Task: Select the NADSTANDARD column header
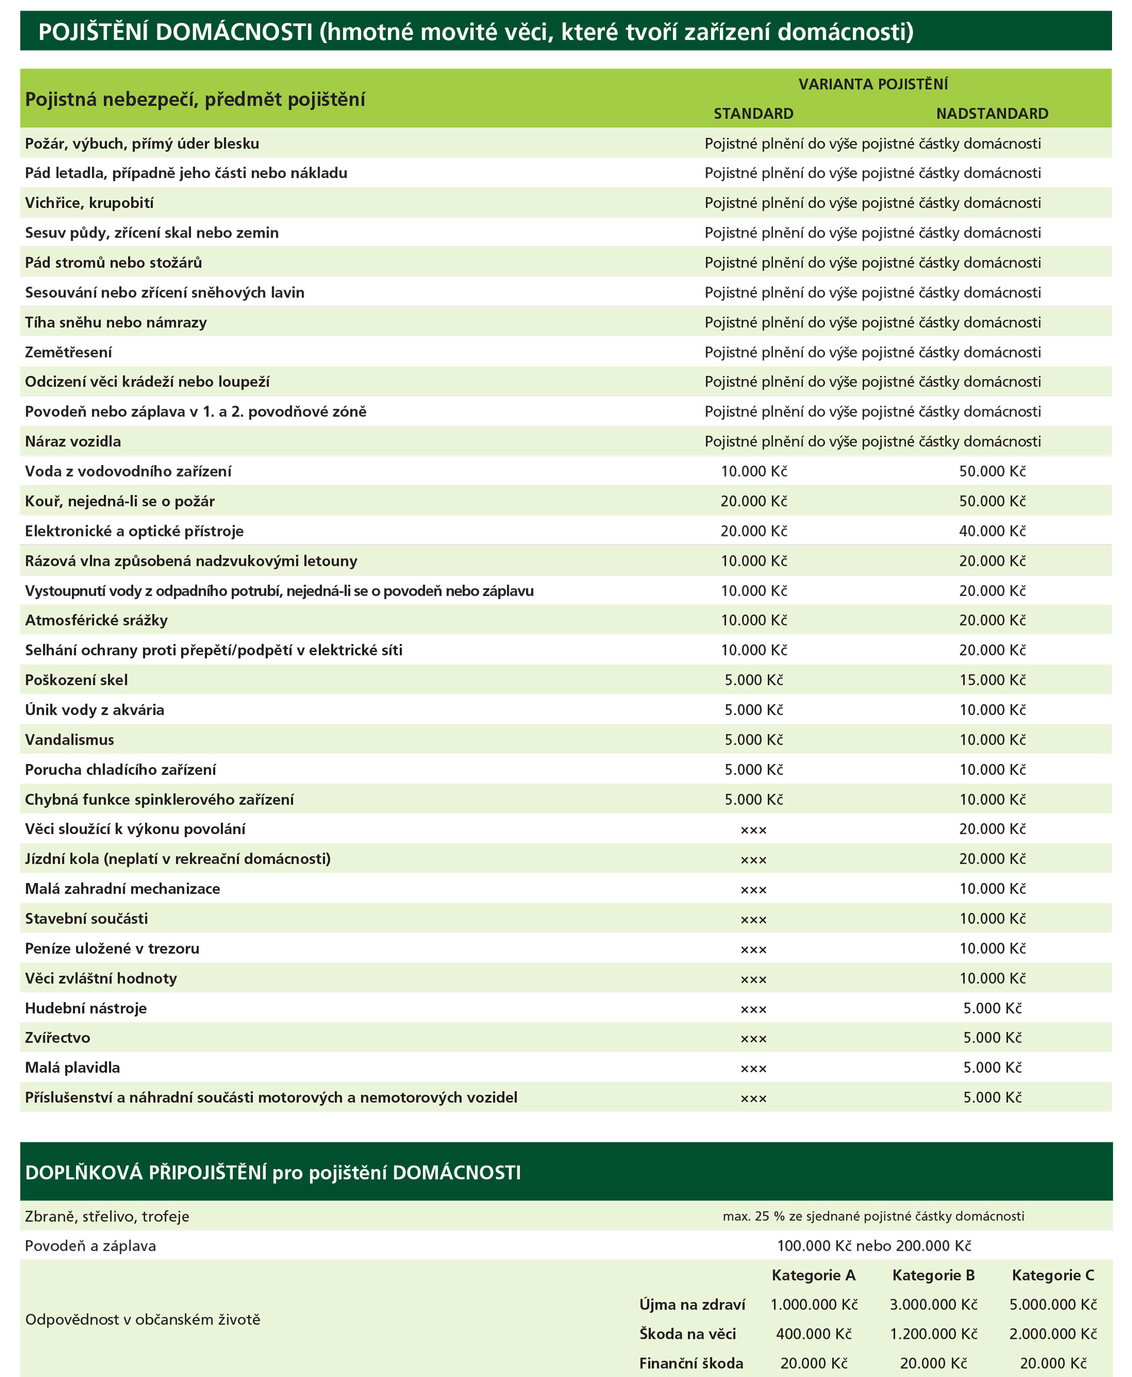[x=992, y=113]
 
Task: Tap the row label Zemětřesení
[x=68, y=352]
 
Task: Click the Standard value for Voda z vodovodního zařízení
[x=754, y=472]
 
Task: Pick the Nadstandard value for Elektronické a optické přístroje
[x=992, y=531]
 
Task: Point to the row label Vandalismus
[x=70, y=739]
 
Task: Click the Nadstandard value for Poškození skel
[x=992, y=680]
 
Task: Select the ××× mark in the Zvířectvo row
[x=754, y=1039]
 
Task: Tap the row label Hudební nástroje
[x=86, y=1008]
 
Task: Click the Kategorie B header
[x=933, y=1274]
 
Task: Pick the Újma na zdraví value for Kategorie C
[x=1053, y=1304]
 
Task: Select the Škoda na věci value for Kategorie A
[x=814, y=1333]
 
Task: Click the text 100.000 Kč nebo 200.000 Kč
[x=874, y=1246]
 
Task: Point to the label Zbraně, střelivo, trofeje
[x=107, y=1216]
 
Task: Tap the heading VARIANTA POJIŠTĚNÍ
[x=873, y=84]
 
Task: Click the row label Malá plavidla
[x=73, y=1068]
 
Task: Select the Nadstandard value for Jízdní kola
[x=992, y=859]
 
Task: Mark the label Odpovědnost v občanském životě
[x=143, y=1319]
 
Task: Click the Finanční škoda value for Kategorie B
[x=933, y=1363]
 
